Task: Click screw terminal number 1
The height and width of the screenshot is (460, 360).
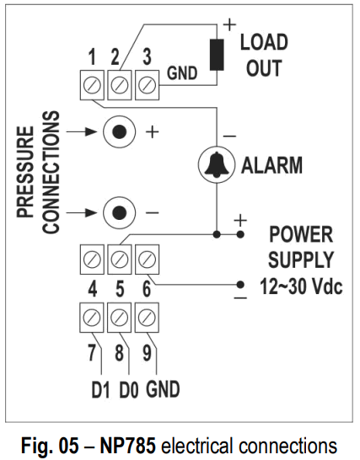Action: (93, 84)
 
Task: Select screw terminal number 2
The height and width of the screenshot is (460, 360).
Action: (120, 84)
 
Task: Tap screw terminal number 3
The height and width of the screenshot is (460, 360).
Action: (147, 84)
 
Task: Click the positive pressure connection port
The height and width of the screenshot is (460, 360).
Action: (120, 132)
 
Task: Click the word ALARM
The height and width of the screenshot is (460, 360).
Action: (271, 165)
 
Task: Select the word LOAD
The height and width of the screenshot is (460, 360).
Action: (264, 42)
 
